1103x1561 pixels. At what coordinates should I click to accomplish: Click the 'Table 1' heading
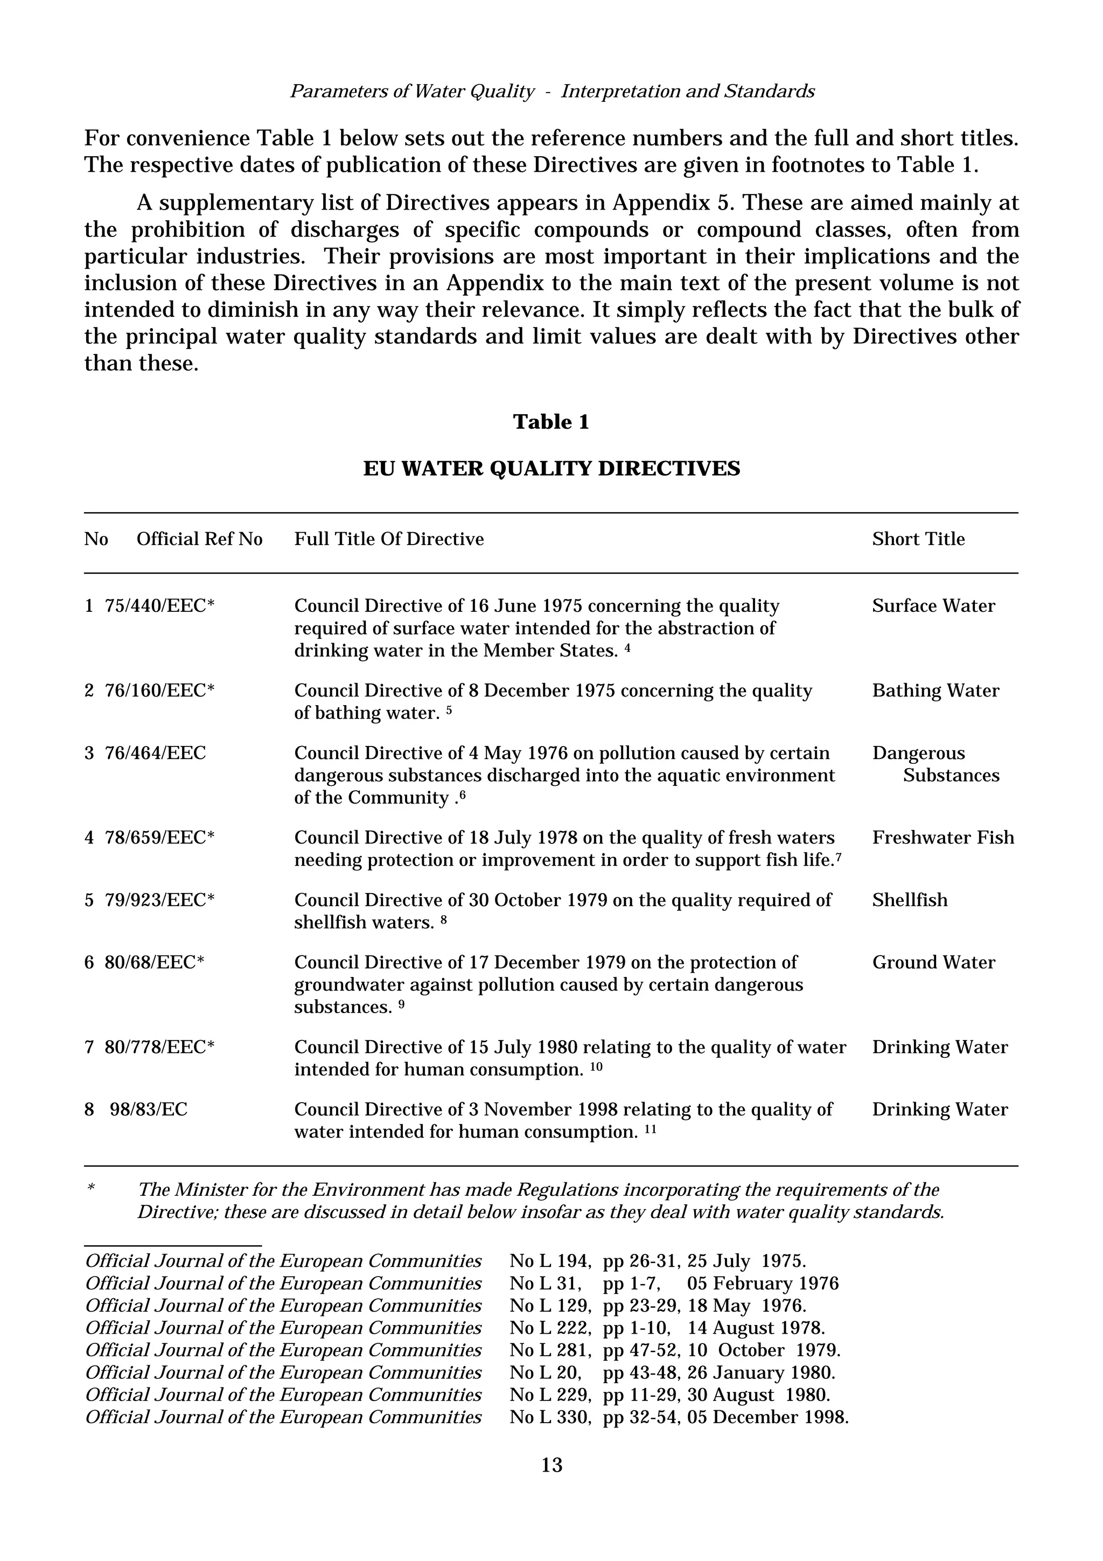551,422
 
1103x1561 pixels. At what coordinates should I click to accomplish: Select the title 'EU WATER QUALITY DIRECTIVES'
551,469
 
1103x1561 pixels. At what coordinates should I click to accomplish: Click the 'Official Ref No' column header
199,539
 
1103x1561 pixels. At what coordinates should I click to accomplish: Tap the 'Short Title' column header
918,539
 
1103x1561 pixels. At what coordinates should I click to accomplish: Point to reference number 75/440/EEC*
160,606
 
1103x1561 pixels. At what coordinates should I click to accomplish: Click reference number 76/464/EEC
155,754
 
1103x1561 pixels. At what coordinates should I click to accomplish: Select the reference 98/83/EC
148,1110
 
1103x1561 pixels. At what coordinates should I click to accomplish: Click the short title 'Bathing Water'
935,691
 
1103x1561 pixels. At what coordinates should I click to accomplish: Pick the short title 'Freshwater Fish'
943,838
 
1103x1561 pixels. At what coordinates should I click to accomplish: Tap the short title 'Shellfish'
909,900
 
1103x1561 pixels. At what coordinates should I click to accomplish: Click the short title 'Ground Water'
933,963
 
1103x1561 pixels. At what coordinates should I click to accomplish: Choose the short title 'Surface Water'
933,606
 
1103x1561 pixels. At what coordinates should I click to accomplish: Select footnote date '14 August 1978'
756,1328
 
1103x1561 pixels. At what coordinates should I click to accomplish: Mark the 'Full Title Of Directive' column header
389,539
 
